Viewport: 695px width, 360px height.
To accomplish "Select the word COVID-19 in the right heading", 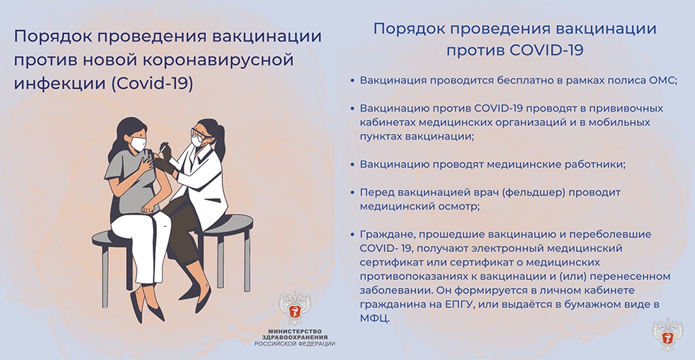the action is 547,50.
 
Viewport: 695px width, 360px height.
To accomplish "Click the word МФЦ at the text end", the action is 375,319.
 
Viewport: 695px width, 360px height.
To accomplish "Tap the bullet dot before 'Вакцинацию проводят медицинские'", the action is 352,164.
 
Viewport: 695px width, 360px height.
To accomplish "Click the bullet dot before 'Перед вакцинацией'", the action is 352,192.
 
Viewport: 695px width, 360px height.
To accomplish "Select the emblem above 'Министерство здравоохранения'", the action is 295,307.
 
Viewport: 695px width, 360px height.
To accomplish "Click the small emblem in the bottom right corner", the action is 668,334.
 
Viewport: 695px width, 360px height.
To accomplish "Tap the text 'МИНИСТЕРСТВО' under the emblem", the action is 295,330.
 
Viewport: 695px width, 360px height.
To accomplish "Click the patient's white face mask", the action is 138,144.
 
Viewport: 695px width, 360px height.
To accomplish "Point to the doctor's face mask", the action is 197,141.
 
